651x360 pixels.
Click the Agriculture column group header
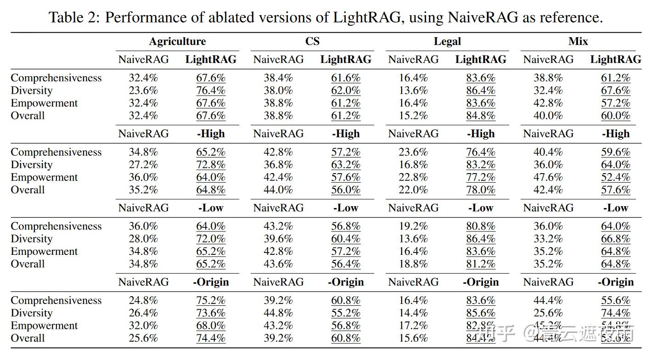click(x=177, y=41)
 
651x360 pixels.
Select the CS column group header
click(x=312, y=41)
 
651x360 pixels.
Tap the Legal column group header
click(x=447, y=41)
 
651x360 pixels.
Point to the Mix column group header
click(x=578, y=41)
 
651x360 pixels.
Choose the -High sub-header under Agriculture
click(x=211, y=134)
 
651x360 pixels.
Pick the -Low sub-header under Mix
click(x=616, y=208)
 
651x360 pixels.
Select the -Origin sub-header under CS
click(x=346, y=282)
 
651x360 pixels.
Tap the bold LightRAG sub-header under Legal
click(x=481, y=59)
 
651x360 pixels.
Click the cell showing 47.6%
click(x=548, y=177)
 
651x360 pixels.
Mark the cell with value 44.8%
click(x=278, y=313)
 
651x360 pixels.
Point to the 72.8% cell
click(x=211, y=164)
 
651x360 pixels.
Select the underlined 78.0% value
click(x=481, y=190)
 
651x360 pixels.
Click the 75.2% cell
click(x=211, y=300)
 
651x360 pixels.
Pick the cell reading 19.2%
click(x=413, y=226)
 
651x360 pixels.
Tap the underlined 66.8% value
click(x=616, y=239)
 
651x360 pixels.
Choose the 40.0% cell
click(x=548, y=115)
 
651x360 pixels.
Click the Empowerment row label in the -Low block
click(x=44, y=251)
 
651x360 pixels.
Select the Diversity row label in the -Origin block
click(x=31, y=313)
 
